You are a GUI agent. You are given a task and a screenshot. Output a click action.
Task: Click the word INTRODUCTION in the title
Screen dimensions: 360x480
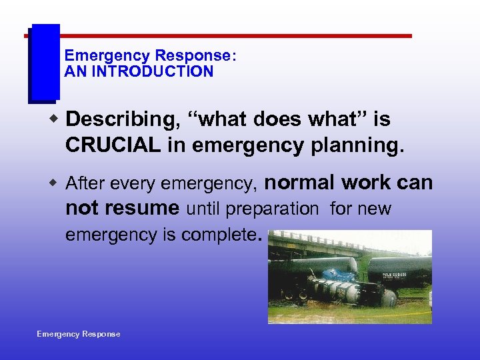pos(152,71)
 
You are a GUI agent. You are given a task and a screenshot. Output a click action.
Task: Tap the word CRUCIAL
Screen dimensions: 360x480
pos(113,146)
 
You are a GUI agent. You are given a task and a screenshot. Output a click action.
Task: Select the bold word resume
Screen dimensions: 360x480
pos(141,208)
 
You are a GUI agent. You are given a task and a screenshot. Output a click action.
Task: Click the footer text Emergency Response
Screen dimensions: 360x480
pos(79,334)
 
